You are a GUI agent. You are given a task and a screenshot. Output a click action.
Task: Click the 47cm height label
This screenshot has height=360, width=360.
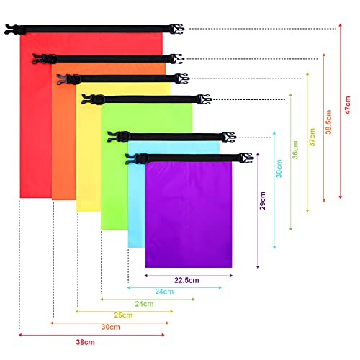click(348, 105)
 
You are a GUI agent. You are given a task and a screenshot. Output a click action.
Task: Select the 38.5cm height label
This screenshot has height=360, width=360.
click(328, 122)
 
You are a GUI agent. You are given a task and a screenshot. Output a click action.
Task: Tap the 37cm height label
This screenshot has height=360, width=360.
click(312, 138)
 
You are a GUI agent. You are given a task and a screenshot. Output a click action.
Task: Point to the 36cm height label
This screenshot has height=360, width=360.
click(295, 150)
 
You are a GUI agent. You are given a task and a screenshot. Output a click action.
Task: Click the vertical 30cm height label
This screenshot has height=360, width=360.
click(279, 168)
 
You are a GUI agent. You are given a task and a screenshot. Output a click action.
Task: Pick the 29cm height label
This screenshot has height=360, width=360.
click(263, 201)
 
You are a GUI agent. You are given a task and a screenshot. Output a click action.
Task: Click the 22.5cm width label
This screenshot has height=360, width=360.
click(186, 280)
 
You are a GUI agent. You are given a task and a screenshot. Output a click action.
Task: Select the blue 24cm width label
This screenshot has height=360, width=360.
click(164, 292)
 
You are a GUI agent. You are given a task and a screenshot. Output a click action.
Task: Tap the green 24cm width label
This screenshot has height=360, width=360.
click(144, 304)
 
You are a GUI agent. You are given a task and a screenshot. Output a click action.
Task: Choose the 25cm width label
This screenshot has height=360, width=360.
click(123, 315)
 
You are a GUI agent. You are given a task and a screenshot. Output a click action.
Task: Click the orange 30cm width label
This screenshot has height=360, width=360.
click(111, 327)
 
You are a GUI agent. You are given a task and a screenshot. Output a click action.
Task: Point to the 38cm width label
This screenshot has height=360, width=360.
click(86, 342)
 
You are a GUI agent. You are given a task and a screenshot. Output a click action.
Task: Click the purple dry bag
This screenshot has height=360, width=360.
click(189, 215)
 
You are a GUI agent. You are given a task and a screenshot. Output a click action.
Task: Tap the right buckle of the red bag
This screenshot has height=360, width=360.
click(176, 29)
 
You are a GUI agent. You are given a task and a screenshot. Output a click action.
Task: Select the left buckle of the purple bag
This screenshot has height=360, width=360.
click(137, 158)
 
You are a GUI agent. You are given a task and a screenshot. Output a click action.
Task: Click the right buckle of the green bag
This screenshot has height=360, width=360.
click(204, 99)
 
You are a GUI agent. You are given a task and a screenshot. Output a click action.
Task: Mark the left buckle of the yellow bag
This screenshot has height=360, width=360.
click(69, 79)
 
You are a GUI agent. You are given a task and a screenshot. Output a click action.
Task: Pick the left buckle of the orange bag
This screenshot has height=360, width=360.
click(45, 59)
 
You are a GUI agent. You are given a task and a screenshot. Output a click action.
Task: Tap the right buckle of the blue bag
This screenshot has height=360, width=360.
click(229, 137)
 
